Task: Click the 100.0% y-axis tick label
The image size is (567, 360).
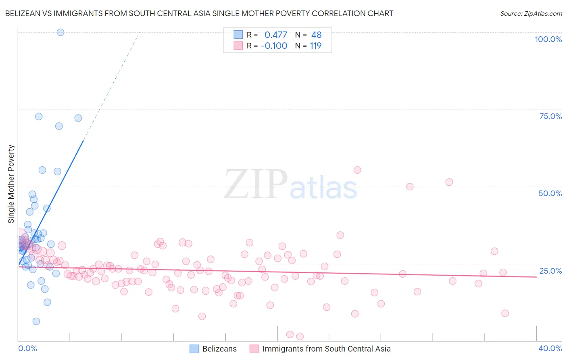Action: click(x=548, y=39)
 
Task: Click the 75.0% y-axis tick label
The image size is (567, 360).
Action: click(x=550, y=116)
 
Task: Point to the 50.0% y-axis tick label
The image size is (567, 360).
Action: click(x=550, y=193)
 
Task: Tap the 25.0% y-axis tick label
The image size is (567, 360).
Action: click(x=550, y=271)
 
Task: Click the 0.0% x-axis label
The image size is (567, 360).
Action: click(x=27, y=348)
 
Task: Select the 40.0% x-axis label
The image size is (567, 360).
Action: click(x=550, y=348)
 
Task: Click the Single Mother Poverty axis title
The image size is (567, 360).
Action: click(x=11, y=184)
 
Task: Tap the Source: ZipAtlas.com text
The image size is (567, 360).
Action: click(x=531, y=13)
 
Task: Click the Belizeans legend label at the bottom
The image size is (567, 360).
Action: click(x=219, y=349)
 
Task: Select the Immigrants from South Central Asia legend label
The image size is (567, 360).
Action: click(x=326, y=349)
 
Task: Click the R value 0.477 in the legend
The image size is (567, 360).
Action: click(x=276, y=35)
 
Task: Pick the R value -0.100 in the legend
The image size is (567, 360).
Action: click(x=274, y=46)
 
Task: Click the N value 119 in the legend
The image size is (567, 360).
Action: click(x=315, y=46)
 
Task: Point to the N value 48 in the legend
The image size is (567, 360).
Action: click(x=316, y=35)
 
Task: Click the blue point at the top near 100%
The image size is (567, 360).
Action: click(x=60, y=32)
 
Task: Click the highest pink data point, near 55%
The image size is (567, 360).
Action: click(x=357, y=170)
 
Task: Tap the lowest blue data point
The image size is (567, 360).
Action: click(x=36, y=321)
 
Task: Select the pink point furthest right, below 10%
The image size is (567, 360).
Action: click(x=505, y=313)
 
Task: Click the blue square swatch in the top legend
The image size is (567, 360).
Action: click(x=238, y=35)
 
